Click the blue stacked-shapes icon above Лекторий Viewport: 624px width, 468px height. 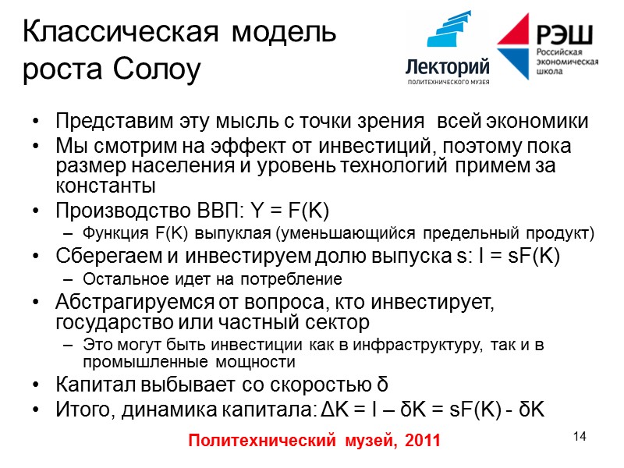click(x=451, y=32)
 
